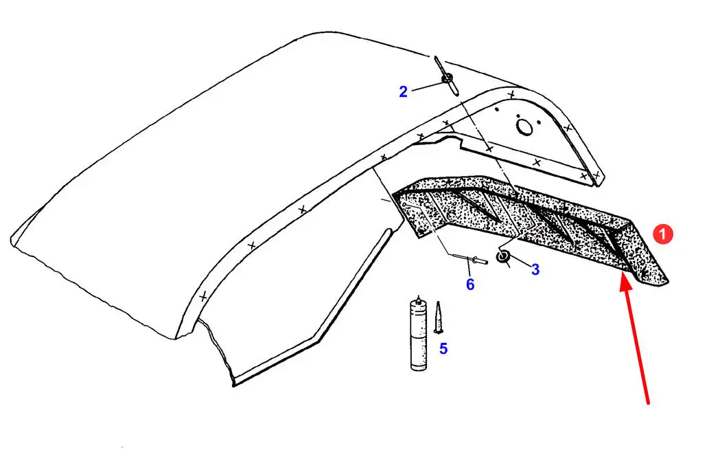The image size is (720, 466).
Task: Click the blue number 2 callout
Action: (x=403, y=91)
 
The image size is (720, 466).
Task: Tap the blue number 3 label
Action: (x=535, y=269)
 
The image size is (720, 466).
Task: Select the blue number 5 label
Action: (x=443, y=348)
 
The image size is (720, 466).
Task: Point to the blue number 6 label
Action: (x=470, y=285)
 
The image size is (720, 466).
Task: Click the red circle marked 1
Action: (x=662, y=234)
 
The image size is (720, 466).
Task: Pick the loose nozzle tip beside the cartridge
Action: (x=438, y=318)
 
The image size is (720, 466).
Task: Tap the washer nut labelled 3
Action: (x=503, y=256)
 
